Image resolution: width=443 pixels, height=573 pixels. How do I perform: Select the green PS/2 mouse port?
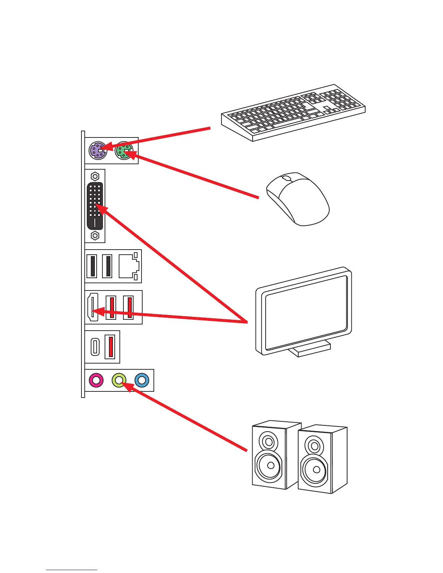[124, 150]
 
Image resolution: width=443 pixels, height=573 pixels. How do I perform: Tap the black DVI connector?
[95, 206]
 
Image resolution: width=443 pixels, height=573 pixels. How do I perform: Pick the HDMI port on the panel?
[92, 307]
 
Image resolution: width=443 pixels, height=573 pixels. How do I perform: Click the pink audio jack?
[96, 380]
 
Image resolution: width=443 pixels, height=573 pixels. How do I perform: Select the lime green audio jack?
[119, 380]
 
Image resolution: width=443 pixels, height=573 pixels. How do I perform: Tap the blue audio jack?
[142, 380]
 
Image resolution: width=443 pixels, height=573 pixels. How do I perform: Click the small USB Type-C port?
[95, 347]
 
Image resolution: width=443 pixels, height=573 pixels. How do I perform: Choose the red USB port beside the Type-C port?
[111, 347]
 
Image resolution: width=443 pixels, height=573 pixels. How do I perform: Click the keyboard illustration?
[293, 112]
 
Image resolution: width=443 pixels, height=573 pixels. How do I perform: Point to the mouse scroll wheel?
[286, 178]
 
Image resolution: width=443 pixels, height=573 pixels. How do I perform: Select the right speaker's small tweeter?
[315, 446]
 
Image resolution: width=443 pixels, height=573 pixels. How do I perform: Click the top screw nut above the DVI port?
[95, 177]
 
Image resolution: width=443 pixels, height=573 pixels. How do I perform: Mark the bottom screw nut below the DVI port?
[95, 236]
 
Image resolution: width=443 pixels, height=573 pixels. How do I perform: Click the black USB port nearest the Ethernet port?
[107, 266]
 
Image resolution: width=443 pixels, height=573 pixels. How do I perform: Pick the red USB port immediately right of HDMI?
[111, 307]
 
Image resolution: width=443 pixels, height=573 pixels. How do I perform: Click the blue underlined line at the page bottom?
[72, 570]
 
